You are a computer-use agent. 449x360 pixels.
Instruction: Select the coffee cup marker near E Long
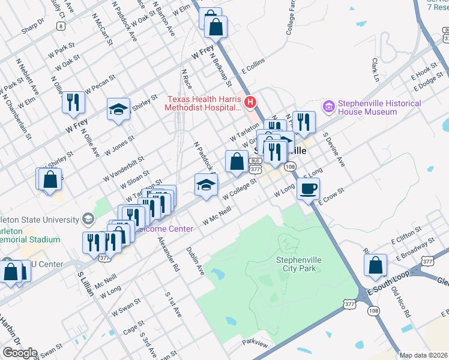tap(309, 190)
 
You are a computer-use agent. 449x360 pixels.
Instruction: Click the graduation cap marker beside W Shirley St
tap(118, 109)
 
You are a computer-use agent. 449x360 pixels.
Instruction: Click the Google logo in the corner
tap(19, 353)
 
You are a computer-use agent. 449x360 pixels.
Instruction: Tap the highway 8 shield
tap(59, 26)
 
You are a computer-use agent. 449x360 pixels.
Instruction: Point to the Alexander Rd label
tap(169, 254)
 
